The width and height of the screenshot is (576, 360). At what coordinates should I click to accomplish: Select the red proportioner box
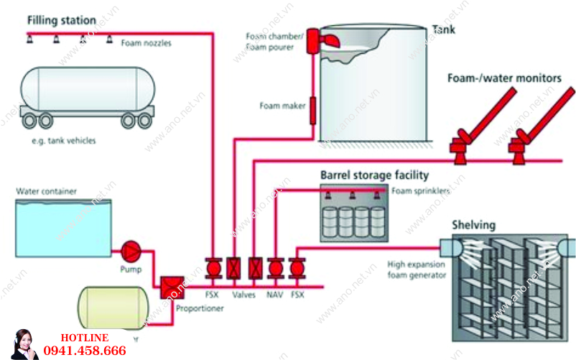tap(172, 287)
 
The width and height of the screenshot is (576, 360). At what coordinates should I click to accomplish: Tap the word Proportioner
tap(200, 308)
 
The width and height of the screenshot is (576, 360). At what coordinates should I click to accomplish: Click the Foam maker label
tap(283, 106)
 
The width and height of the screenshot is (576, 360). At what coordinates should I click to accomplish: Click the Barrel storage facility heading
tap(374, 175)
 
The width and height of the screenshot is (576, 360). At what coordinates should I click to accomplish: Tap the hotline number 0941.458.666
tap(85, 351)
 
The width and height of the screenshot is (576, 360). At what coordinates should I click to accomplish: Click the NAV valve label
tap(275, 294)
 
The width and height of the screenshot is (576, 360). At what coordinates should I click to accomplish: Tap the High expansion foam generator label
tap(417, 269)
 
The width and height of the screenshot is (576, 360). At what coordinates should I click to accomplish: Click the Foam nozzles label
tap(146, 43)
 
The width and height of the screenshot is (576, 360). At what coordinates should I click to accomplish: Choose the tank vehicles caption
tap(63, 141)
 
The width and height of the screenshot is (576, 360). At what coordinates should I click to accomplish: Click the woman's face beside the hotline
tap(23, 338)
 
